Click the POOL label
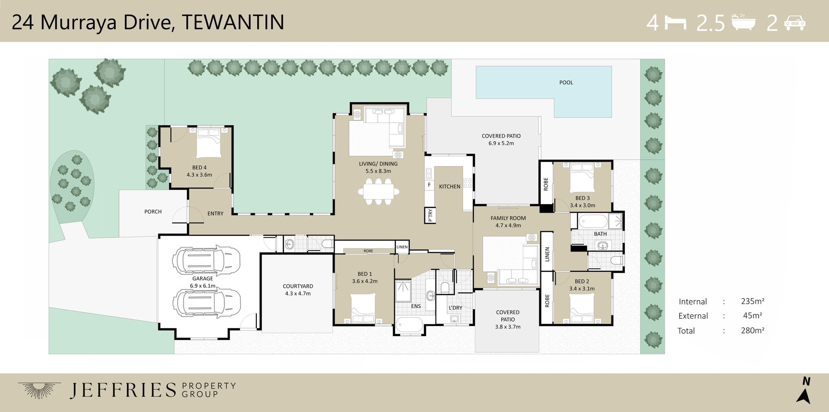(x=566, y=82)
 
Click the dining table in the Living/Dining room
(x=378, y=191)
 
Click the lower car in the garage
(x=207, y=303)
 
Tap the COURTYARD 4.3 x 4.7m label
(x=297, y=289)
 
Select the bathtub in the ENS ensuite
(x=409, y=324)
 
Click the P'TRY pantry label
(x=430, y=215)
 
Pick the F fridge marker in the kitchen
(x=429, y=185)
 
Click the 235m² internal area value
(x=753, y=301)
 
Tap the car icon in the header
(x=794, y=22)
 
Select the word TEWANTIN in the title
(x=233, y=22)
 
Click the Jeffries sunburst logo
(x=39, y=390)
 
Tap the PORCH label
(x=153, y=212)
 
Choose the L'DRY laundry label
(x=455, y=308)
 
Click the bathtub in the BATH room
(x=593, y=222)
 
